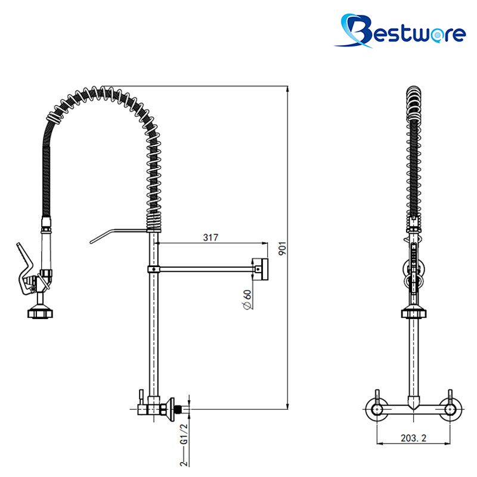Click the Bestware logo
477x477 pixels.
click(x=400, y=31)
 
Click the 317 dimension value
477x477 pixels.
click(x=210, y=237)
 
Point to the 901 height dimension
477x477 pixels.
click(x=282, y=249)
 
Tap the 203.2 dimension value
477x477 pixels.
click(x=413, y=438)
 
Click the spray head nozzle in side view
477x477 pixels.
click(x=40, y=313)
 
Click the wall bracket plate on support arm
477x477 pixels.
click(x=261, y=270)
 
